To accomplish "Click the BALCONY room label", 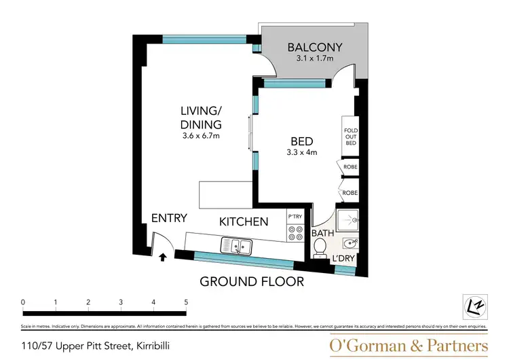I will point(314,48).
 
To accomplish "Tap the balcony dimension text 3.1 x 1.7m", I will point(314,59).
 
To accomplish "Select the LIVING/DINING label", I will point(201,118).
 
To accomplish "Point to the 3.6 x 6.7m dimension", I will point(202,136).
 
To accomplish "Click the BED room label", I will point(301,141).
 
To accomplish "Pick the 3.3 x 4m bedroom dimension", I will point(302,152).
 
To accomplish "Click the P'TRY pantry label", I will point(295,217).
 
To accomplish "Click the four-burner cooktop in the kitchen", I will point(295,234).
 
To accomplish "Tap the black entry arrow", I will point(163,257).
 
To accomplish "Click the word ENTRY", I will point(169,218).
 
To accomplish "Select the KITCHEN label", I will point(243,221).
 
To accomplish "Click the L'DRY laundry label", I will point(343,259).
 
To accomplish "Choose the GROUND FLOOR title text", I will point(251,281).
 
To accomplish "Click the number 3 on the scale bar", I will point(121,302).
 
